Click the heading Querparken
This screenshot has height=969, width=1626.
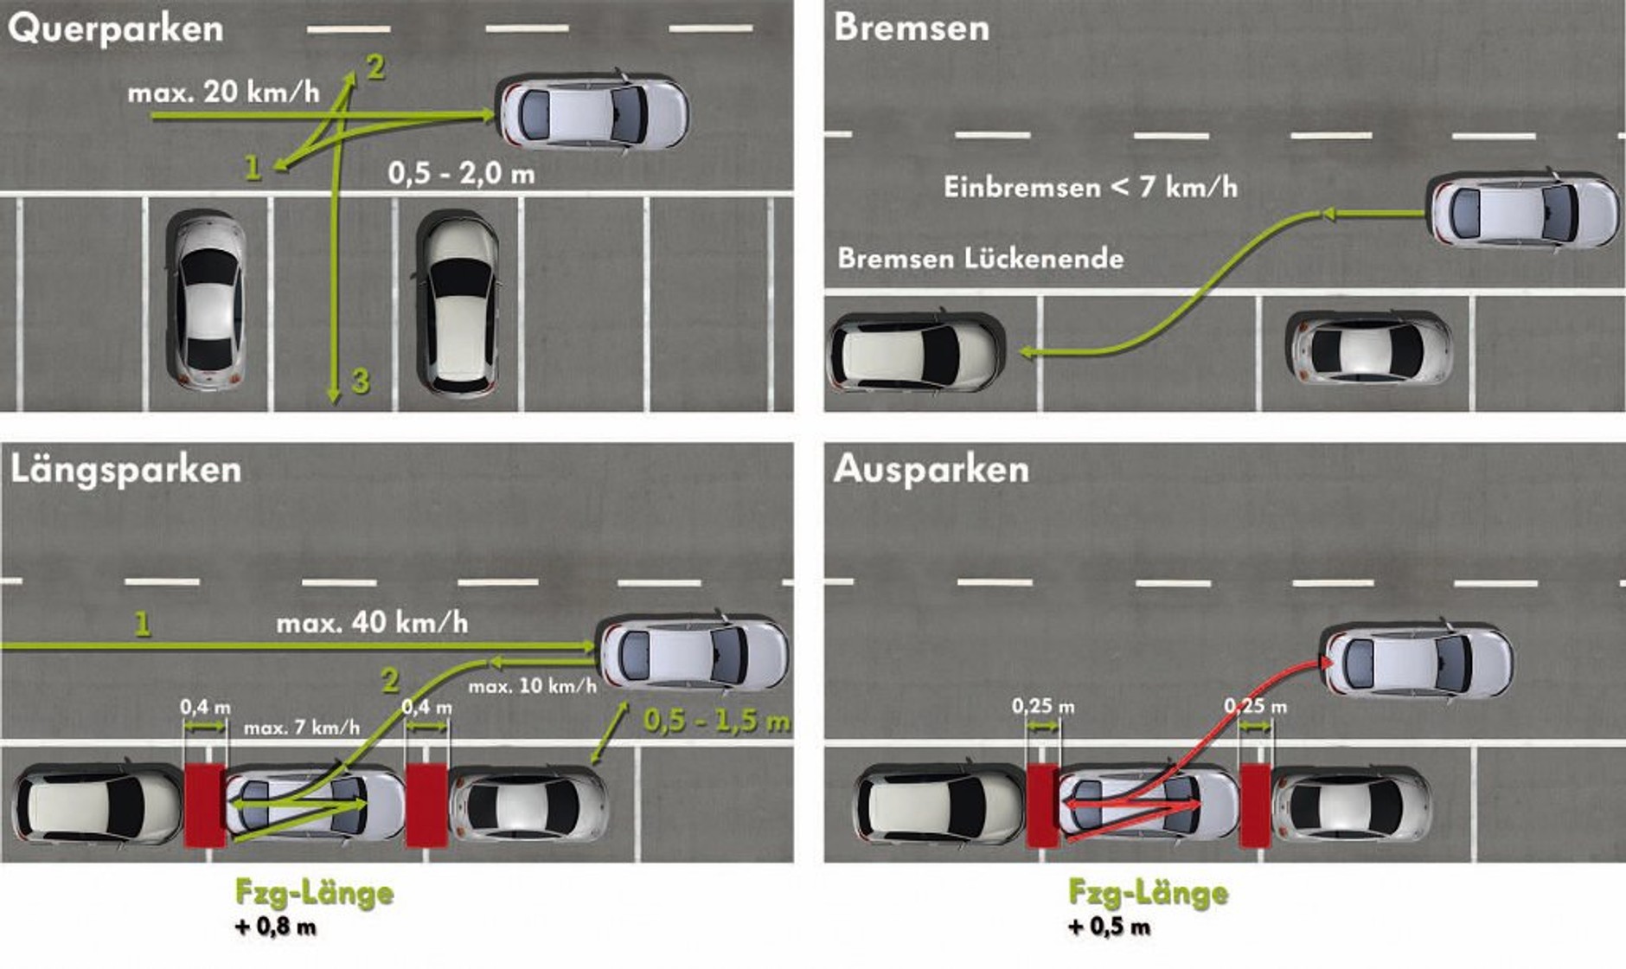click(x=116, y=29)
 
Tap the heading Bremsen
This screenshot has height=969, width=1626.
click(x=912, y=28)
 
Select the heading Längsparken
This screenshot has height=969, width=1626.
click(x=125, y=470)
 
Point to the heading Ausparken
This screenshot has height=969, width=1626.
click(x=931, y=470)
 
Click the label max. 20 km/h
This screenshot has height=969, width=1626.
click(x=223, y=92)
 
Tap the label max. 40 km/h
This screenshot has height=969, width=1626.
click(x=372, y=622)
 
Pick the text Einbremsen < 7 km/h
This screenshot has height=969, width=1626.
click(x=1090, y=187)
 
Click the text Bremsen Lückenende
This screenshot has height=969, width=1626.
click(x=981, y=258)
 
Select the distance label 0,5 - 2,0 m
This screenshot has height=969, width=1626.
click(x=461, y=174)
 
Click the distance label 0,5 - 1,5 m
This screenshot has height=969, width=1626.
click(x=716, y=721)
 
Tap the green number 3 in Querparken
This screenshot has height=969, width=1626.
click(x=360, y=381)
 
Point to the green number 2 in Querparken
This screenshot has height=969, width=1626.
click(x=375, y=67)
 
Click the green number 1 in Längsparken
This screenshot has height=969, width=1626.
click(x=143, y=623)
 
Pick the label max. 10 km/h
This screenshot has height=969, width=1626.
click(x=532, y=687)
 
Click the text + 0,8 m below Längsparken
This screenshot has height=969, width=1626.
click(x=276, y=927)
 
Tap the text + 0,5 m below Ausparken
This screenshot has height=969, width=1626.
click(x=1110, y=927)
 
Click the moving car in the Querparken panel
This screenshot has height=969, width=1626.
click(x=593, y=114)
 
